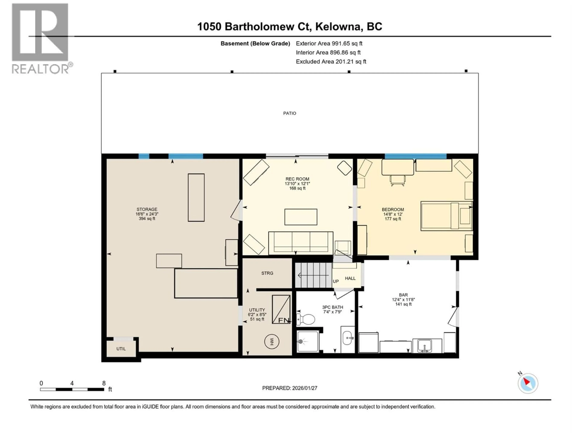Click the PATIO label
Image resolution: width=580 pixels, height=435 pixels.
click(290, 113)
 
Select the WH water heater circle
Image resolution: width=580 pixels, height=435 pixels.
click(272, 342)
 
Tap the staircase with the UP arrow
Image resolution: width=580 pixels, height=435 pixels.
click(313, 275)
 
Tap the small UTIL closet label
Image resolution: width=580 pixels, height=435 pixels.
click(121, 349)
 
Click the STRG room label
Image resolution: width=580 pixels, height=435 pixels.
click(267, 273)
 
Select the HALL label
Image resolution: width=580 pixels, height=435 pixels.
click(350, 278)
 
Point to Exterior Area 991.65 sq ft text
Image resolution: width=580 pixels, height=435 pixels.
click(329, 43)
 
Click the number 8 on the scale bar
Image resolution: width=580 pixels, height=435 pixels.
click(104, 383)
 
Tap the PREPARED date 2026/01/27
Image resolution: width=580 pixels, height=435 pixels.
click(290, 388)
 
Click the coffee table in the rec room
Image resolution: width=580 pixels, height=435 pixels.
click(301, 217)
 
